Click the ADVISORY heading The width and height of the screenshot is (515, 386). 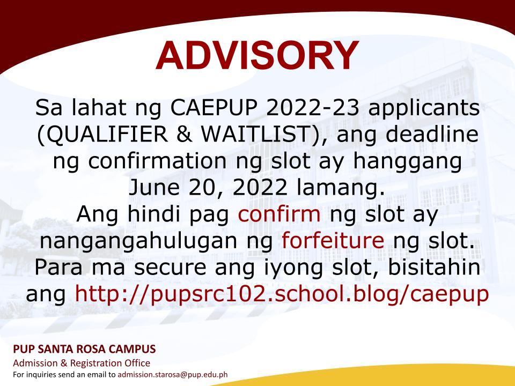click(x=257, y=55)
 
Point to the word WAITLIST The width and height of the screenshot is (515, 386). click(x=257, y=134)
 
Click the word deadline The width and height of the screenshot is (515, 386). click(x=432, y=134)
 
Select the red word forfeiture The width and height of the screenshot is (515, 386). click(x=333, y=240)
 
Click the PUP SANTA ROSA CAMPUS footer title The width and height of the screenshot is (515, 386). click(x=84, y=348)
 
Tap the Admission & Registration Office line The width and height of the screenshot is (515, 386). click(x=82, y=363)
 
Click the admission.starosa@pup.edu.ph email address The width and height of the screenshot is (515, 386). click(x=173, y=375)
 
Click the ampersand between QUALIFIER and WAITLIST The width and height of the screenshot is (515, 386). click(x=185, y=134)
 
